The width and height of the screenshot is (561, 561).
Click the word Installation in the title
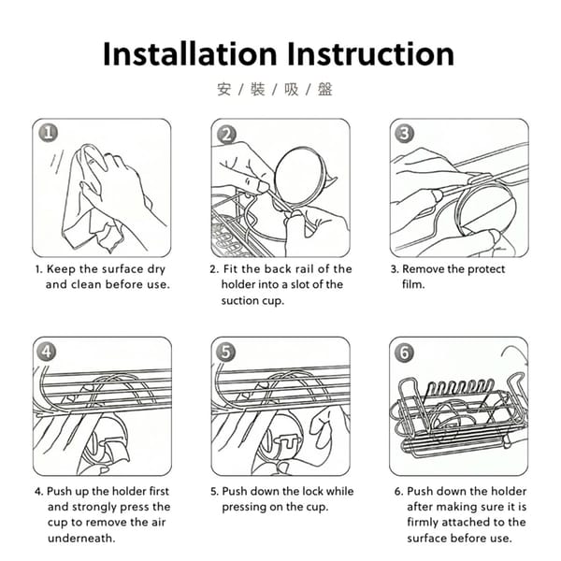[x=190, y=53]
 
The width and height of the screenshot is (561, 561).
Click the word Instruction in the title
[x=370, y=53]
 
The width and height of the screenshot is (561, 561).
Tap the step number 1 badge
[x=49, y=133]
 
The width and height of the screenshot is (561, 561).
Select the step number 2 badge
[x=227, y=135]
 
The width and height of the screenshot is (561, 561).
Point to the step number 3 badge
[x=404, y=133]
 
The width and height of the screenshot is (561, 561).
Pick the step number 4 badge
[x=47, y=352]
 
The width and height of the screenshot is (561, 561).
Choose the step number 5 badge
[x=225, y=352]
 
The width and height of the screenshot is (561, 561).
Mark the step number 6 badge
[x=404, y=352]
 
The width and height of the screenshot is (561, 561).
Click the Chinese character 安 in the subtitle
[x=224, y=90]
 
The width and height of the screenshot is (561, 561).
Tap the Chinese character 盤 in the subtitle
[x=325, y=90]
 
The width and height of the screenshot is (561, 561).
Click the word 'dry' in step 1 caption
[x=156, y=269]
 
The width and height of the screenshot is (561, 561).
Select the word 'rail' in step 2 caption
[x=304, y=268]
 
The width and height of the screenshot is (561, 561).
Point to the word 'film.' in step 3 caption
[x=413, y=284]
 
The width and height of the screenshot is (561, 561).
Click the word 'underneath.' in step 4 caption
[x=81, y=539]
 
